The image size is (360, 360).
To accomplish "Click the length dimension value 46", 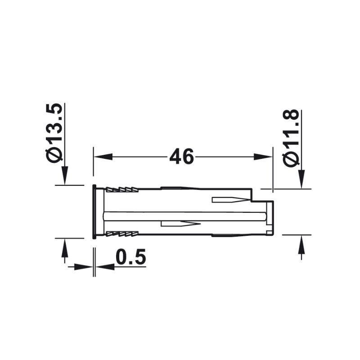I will pos(181,157).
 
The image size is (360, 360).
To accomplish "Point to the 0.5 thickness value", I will pos(130,258).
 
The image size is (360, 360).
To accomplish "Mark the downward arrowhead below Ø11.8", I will pos(301,179).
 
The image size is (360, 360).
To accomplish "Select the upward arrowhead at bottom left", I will pos(65,248).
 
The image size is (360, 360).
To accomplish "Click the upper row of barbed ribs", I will pos(121,190).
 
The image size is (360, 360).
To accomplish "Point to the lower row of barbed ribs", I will pos(121,234).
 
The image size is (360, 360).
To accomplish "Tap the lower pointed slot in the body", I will pos(180,224).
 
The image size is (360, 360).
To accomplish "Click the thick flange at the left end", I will pos(94,211).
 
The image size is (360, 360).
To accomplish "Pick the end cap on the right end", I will pos(270,217).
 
